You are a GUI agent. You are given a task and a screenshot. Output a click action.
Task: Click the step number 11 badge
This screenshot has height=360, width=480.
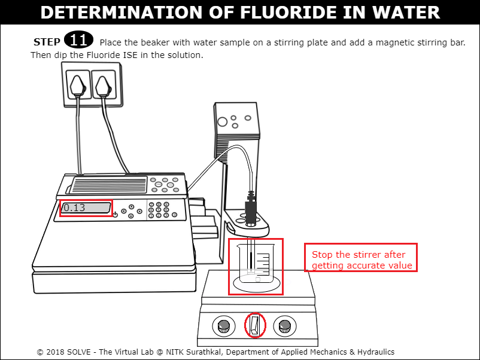[x=78, y=39]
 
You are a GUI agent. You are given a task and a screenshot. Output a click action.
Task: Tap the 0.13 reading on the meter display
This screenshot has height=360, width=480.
[x=74, y=208]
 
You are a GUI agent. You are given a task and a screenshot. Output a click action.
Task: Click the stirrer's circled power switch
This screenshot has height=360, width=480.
[x=255, y=325]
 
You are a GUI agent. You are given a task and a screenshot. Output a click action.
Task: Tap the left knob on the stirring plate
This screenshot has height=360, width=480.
[x=224, y=326]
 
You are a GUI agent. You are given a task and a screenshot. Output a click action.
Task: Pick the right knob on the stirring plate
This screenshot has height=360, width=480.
[x=285, y=326]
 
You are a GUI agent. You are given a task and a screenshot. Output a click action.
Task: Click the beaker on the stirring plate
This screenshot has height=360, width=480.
[x=256, y=263]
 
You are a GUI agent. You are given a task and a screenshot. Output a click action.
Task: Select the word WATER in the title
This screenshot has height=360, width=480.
[x=406, y=13]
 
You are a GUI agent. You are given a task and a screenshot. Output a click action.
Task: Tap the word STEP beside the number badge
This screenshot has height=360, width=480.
[x=47, y=42]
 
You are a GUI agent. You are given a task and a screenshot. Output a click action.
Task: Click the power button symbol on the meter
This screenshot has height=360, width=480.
[x=115, y=215]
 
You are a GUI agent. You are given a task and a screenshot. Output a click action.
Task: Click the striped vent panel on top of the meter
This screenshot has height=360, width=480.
[x=108, y=185]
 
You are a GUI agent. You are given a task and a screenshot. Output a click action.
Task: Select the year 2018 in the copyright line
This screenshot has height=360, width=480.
[x=55, y=352]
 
